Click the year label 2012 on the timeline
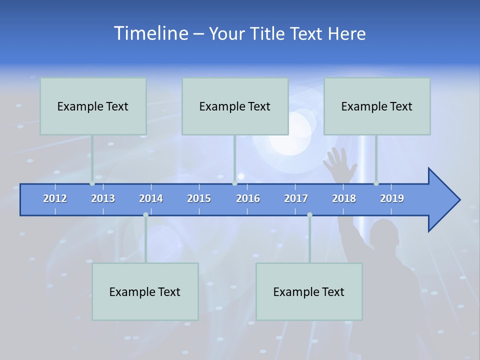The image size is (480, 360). pyautogui.click(x=55, y=198)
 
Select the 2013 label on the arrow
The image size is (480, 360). pyautogui.click(x=103, y=198)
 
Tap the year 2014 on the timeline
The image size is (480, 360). pyautogui.click(x=151, y=198)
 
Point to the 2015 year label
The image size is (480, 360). pyautogui.click(x=199, y=198)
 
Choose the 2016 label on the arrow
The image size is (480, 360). pyautogui.click(x=248, y=198)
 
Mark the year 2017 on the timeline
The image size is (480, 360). pyautogui.click(x=296, y=198)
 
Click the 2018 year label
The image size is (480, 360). pyautogui.click(x=344, y=198)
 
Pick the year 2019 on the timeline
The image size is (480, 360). pyautogui.click(x=392, y=198)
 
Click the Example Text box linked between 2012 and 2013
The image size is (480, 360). pyautogui.click(x=93, y=106)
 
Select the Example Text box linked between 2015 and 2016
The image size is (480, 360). pyautogui.click(x=235, y=106)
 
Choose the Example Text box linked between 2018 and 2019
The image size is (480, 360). pyautogui.click(x=377, y=106)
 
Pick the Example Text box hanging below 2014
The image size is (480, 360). pyautogui.click(x=145, y=291)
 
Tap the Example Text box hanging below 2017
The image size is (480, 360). pyautogui.click(x=309, y=291)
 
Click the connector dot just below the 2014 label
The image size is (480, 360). pyautogui.click(x=145, y=214)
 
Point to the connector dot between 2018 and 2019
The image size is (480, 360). pyautogui.click(x=376, y=183)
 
